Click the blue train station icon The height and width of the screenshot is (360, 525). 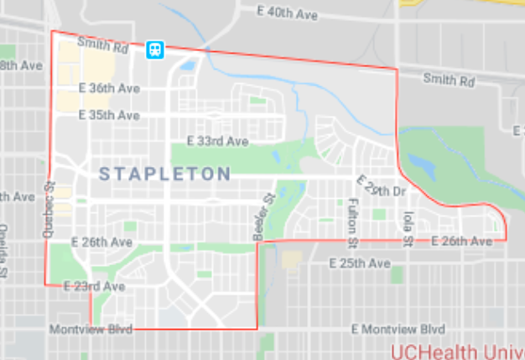(x=155, y=50)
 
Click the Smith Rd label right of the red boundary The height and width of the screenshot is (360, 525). (x=448, y=81)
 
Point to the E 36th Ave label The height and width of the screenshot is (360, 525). (x=109, y=88)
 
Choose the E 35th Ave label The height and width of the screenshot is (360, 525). (x=109, y=115)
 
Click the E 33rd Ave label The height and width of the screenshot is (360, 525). (x=218, y=142)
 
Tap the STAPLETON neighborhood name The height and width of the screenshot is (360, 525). (x=164, y=174)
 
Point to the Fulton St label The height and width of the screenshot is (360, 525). (x=353, y=222)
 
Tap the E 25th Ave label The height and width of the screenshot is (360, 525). (x=360, y=263)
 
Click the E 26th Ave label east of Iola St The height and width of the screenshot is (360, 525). (x=461, y=242)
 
